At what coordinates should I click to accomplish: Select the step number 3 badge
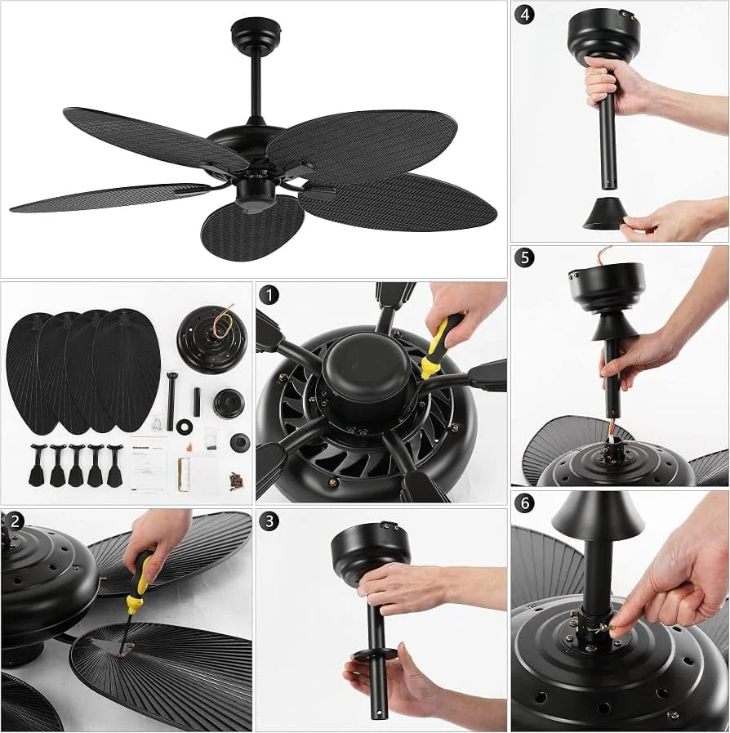tap(269, 521)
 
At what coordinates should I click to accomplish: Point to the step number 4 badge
tap(525, 15)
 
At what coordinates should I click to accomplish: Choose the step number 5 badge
tap(525, 257)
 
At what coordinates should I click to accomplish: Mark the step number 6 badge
tap(525, 503)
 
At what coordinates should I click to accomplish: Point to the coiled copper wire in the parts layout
tap(224, 320)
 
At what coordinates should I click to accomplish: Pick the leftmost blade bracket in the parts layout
tap(37, 465)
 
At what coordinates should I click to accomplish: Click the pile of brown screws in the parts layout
tap(235, 481)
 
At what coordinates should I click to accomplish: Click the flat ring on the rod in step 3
tap(374, 654)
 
